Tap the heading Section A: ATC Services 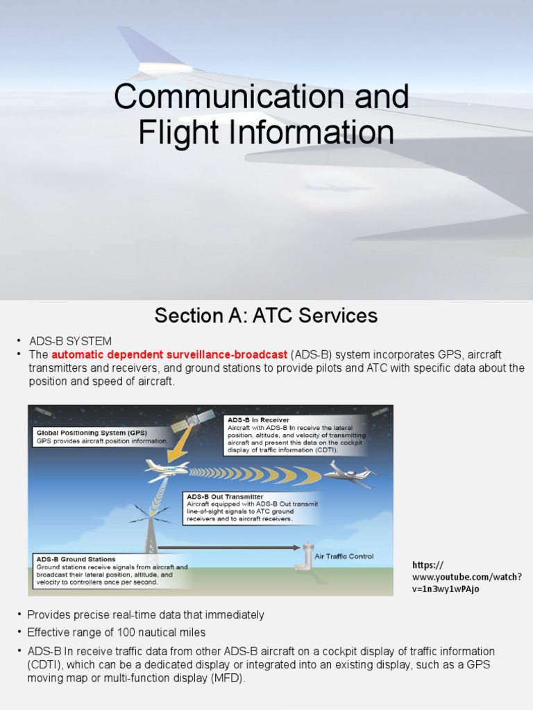pyautogui.click(x=266, y=316)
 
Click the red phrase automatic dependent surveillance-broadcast pyautogui.click(x=169, y=354)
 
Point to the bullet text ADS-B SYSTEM pyautogui.click(x=70, y=341)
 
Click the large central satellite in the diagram pyautogui.click(x=193, y=421)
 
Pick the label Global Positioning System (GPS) pyautogui.click(x=92, y=433)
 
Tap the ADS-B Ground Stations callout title pyautogui.click(x=76, y=559)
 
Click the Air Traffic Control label pyautogui.click(x=344, y=556)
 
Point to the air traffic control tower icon pyautogui.click(x=308, y=556)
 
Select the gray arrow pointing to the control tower pyautogui.click(x=229, y=547)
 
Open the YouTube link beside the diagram pyautogui.click(x=467, y=577)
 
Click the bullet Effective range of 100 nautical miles pyautogui.click(x=116, y=632)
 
